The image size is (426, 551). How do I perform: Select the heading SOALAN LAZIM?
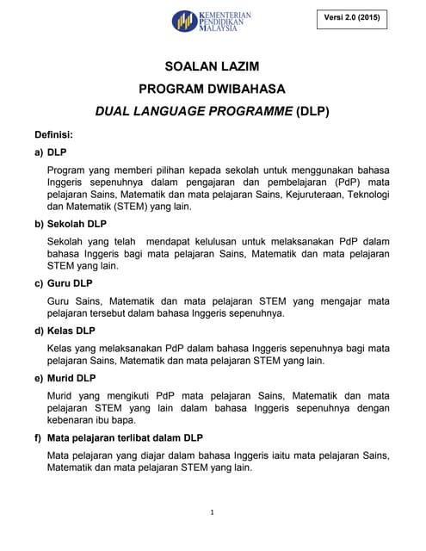[x=212, y=66]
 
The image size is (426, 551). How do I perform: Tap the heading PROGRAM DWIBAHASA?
[x=212, y=89]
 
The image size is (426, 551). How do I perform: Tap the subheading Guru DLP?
[x=70, y=283]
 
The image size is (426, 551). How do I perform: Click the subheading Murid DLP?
[x=71, y=378]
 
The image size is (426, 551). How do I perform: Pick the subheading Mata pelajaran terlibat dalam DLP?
[x=125, y=437]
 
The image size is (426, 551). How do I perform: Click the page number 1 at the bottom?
[x=213, y=512]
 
